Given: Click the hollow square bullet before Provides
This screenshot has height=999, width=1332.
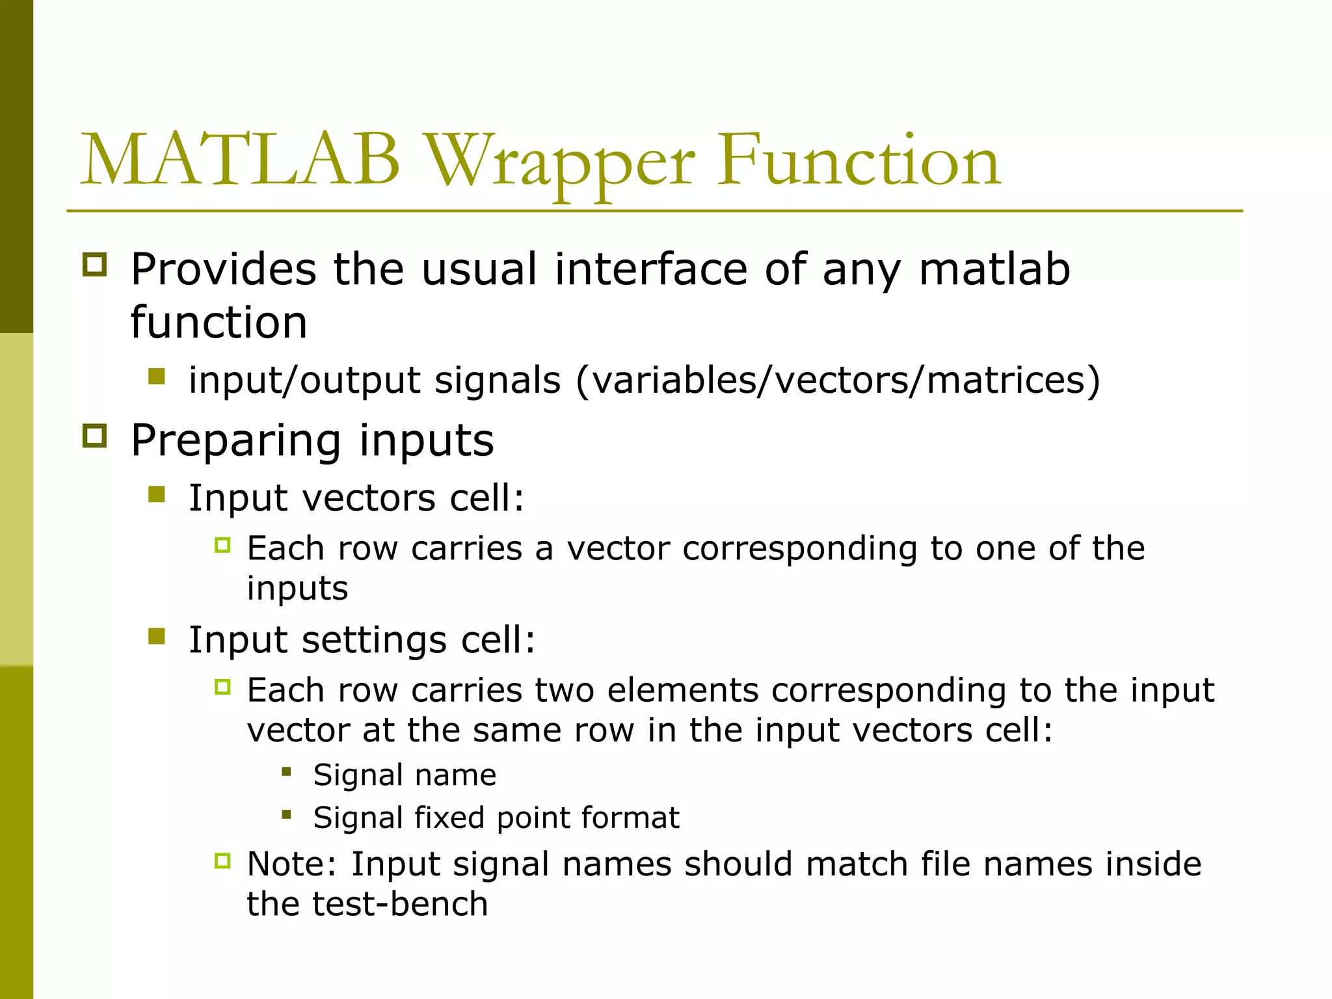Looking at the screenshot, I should [95, 265].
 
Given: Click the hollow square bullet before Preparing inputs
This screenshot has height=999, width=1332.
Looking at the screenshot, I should [95, 436].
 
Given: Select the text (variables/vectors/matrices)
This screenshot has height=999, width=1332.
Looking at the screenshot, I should [838, 380].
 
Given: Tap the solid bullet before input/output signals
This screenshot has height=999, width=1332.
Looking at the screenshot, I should [157, 377].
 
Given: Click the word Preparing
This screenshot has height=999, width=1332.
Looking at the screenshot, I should [235, 441].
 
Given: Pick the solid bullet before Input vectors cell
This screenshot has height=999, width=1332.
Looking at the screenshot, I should [157, 495].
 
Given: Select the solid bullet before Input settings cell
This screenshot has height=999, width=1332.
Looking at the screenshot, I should [157, 636].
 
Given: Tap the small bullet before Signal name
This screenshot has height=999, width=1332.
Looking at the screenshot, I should [286, 772].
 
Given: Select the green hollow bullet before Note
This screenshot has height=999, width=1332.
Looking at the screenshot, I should [222, 861].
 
